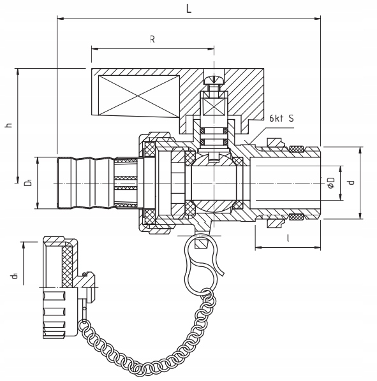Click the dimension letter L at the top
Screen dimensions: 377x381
[189, 9]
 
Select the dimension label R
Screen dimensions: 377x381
[152, 39]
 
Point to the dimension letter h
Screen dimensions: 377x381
[9, 125]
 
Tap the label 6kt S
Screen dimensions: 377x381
[281, 119]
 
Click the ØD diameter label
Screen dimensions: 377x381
[331, 183]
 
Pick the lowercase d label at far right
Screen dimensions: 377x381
[351, 182]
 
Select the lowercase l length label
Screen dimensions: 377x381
[288, 238]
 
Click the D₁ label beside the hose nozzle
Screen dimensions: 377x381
[28, 182]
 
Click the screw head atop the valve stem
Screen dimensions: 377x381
[214, 80]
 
